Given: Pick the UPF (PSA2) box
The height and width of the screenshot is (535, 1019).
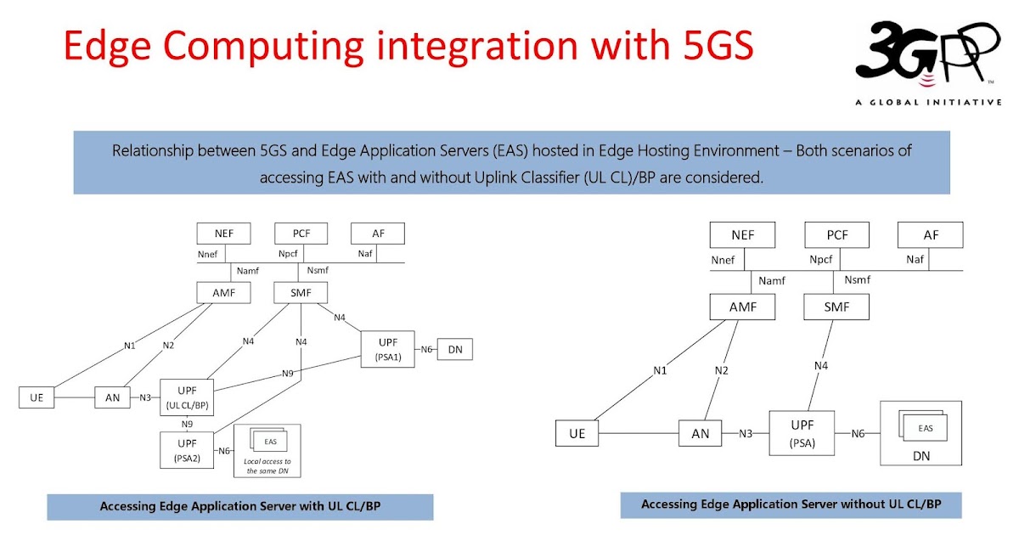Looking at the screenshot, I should [x=187, y=449].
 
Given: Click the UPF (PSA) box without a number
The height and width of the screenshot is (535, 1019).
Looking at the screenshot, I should [x=802, y=434].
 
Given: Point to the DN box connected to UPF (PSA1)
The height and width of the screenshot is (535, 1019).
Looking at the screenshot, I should [x=455, y=349].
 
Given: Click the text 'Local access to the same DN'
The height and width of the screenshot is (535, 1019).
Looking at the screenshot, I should [x=267, y=465].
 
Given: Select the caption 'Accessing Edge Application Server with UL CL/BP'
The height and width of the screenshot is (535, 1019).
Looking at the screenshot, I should [x=239, y=506].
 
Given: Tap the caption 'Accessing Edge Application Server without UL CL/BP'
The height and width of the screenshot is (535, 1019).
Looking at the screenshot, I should [x=791, y=504].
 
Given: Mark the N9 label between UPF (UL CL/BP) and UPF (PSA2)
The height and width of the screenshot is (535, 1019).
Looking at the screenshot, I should [x=187, y=424].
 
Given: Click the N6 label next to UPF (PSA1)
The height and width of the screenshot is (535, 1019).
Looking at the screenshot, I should [x=426, y=349].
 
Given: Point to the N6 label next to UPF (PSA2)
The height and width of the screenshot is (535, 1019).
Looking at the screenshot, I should [x=224, y=450].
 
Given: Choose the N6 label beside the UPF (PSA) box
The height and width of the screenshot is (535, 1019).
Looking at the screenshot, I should [x=858, y=434].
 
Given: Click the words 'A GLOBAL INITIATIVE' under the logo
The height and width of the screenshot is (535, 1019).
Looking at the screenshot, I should [x=928, y=102].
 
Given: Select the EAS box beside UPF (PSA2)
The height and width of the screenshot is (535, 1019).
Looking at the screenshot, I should [x=270, y=442].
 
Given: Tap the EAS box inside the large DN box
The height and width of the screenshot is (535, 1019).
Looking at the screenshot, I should [x=925, y=428].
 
